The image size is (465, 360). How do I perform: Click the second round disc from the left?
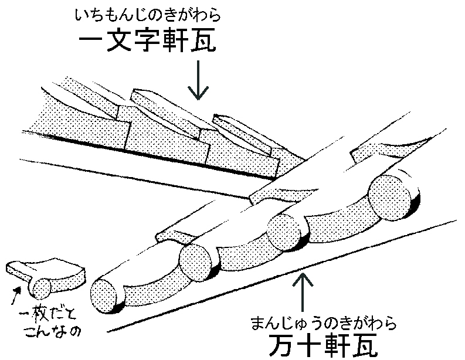196,261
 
